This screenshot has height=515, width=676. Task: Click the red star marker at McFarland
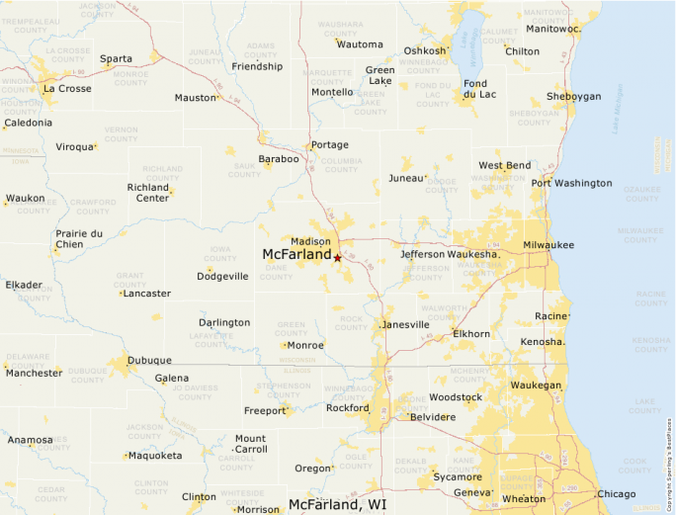click(x=337, y=258)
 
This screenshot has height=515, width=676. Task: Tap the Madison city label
click(x=311, y=241)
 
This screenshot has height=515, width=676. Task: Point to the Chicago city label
click(x=616, y=493)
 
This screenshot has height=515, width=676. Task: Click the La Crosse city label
click(x=68, y=88)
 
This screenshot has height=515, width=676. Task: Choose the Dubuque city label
click(x=149, y=360)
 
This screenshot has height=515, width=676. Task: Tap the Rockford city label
click(x=347, y=407)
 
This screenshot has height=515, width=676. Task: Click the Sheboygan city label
click(x=573, y=97)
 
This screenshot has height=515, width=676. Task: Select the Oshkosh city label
click(x=425, y=51)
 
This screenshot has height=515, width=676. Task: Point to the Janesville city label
click(x=406, y=324)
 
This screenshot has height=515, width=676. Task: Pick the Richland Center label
click(x=148, y=192)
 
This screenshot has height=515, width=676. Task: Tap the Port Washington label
click(x=571, y=183)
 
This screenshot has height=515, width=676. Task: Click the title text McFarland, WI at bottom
click(x=338, y=504)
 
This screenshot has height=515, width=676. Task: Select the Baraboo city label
click(x=279, y=158)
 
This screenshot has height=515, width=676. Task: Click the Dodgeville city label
click(x=222, y=276)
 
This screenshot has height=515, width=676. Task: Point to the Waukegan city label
click(x=536, y=385)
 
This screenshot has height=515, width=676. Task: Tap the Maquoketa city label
click(x=154, y=456)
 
